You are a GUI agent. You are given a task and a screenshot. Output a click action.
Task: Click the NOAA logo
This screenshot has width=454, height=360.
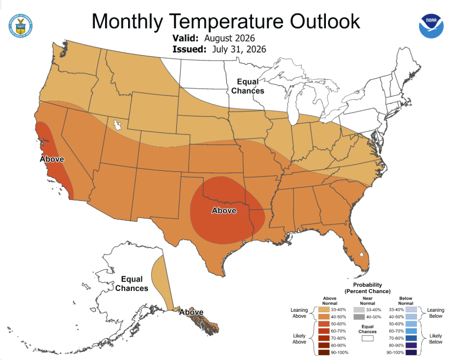431,26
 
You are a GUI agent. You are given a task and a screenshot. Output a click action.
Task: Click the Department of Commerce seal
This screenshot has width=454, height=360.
20,26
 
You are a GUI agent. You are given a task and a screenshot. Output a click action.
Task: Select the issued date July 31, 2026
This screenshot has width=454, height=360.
239,49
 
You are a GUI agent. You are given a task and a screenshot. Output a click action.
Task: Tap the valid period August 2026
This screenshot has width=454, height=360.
229,38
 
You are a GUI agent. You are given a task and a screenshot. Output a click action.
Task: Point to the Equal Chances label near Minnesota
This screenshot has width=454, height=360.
248,86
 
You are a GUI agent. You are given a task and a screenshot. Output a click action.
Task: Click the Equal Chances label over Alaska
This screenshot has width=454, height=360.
132,283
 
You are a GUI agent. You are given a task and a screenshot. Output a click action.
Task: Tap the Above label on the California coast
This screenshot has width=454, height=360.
52,159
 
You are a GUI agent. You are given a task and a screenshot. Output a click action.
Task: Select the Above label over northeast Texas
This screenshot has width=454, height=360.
224,211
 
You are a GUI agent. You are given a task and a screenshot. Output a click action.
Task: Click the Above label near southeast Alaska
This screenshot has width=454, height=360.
191,312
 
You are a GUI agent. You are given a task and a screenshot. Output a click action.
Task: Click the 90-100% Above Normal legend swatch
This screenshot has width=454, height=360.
324,352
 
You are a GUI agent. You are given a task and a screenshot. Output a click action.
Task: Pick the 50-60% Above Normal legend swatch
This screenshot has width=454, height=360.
324,324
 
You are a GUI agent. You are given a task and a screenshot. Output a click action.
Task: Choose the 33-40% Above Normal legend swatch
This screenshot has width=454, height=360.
324,310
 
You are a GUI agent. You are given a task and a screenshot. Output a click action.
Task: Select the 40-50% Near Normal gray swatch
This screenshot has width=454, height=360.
359,317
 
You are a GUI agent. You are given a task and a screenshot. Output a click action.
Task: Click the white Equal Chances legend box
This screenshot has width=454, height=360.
367,338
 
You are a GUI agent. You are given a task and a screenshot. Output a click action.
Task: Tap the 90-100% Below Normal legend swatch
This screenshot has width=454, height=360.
411,352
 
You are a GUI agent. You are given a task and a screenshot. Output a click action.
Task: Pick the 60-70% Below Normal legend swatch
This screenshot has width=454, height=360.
411,331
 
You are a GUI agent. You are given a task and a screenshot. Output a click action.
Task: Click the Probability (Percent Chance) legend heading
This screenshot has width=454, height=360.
367,288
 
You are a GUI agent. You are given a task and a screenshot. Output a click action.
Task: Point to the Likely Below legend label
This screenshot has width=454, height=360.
435,339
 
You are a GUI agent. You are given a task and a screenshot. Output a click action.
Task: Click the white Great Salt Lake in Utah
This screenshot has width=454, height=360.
117,125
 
